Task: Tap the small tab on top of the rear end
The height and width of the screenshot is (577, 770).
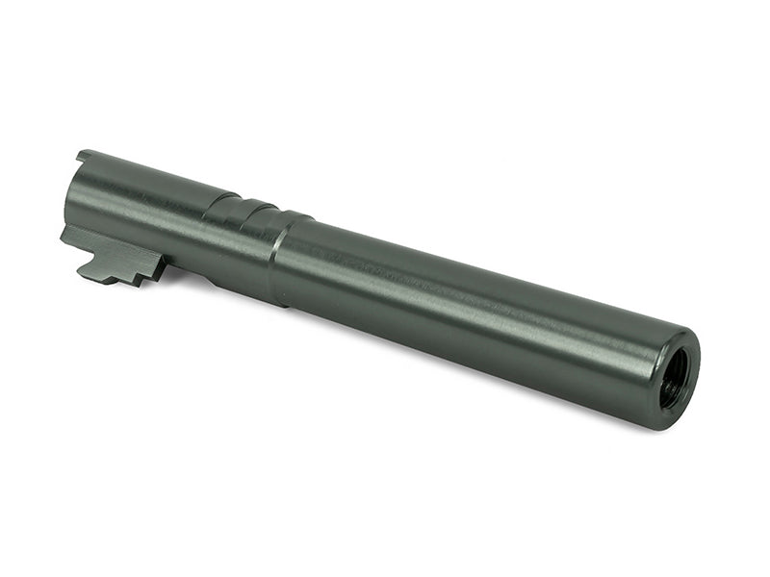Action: tap(84, 154)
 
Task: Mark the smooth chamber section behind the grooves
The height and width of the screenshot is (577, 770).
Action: tap(144, 207)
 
